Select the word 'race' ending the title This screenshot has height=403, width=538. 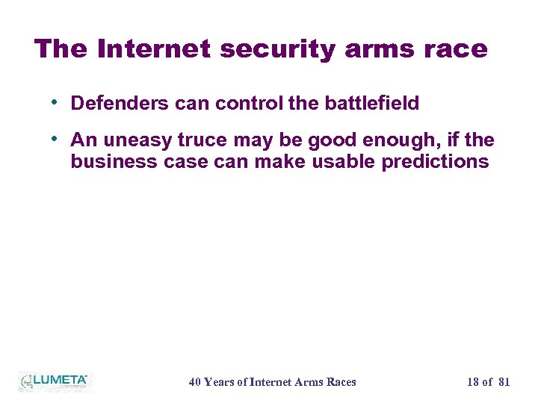point(458,49)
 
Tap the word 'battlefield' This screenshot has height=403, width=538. point(371,104)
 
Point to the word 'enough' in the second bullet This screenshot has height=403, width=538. point(401,140)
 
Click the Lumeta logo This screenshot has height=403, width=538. point(54,381)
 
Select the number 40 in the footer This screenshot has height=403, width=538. point(195,382)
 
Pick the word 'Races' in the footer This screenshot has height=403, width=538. point(339,382)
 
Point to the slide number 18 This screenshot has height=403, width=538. point(473,382)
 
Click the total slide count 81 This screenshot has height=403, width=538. point(504,382)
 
